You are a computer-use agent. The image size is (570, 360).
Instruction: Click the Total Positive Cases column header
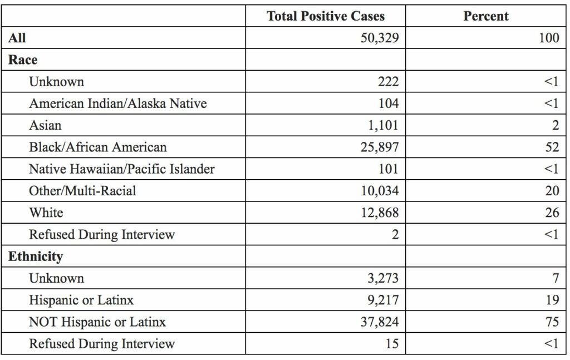(325, 16)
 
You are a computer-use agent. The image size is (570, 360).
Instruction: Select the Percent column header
(485, 16)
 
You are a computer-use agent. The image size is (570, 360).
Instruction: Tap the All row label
(17, 38)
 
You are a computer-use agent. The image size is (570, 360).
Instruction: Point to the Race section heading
(23, 60)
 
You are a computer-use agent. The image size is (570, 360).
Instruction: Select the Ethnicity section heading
(35, 257)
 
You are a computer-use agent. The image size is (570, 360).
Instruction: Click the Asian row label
(45, 125)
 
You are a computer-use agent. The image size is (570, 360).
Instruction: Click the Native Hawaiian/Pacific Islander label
(121, 169)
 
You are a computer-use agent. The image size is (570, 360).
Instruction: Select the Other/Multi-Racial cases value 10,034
(379, 191)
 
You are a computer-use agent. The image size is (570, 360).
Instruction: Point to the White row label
(46, 213)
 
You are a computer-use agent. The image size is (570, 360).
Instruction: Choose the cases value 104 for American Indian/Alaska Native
(387, 103)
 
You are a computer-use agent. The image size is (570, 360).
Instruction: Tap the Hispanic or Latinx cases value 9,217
(383, 300)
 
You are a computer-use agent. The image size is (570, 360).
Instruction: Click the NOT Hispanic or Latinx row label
(97, 322)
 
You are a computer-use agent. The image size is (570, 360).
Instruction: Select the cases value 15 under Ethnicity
(391, 344)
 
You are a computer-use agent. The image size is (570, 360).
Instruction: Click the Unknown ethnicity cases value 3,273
(383, 278)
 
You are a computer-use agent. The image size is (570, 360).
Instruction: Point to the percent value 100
(549, 38)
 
